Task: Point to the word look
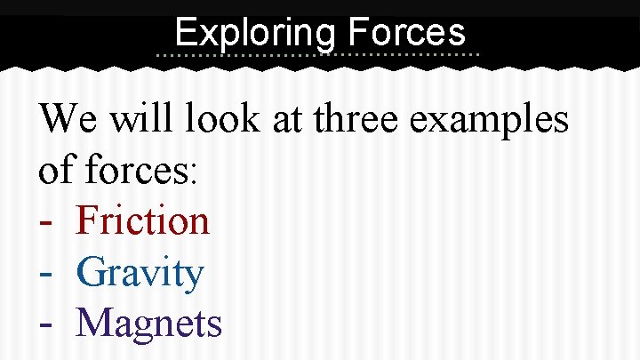[219, 117]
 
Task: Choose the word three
[358, 117]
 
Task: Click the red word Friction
[143, 220]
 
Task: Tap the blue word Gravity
[140, 273]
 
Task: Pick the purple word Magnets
[148, 324]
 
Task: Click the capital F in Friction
[88, 220]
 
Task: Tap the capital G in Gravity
[92, 272]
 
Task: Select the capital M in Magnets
[95, 324]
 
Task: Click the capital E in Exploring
[185, 33]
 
